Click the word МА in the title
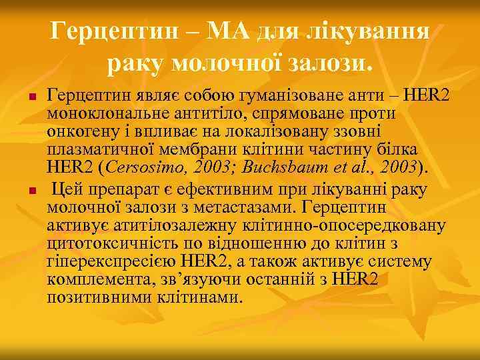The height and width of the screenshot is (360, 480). [x=235, y=31]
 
